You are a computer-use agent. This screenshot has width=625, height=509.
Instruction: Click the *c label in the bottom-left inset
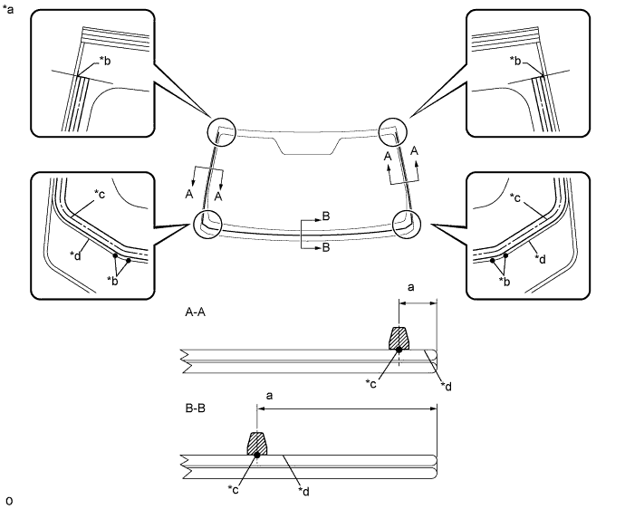[101, 194]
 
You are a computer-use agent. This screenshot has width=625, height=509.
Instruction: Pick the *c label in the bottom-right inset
[515, 197]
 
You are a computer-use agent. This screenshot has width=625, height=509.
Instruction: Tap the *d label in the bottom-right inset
[540, 259]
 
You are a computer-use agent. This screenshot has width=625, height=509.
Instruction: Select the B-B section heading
[196, 408]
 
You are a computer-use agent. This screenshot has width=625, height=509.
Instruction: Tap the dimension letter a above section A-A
[412, 287]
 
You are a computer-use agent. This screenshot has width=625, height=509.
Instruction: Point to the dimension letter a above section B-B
[269, 394]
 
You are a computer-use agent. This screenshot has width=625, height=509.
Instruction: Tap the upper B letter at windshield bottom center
[325, 217]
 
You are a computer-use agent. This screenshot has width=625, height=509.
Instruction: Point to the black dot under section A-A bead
[399, 350]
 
